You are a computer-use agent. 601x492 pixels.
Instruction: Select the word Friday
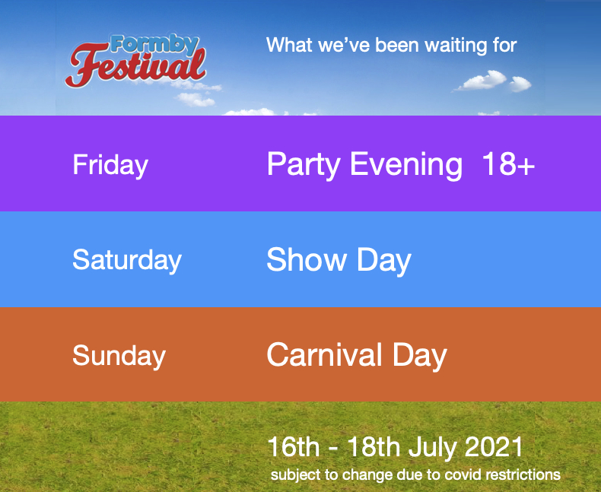point(110,165)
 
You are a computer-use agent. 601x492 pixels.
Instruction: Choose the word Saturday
point(127,261)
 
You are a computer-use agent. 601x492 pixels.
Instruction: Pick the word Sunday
point(119,356)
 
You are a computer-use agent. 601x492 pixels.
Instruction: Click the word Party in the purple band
point(304,165)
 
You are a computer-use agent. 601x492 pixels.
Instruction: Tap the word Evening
point(406,165)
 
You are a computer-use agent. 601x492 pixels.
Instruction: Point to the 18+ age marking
point(508,163)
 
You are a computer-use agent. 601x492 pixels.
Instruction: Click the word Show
point(307,260)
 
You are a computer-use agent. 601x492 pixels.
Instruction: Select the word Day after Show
point(384,261)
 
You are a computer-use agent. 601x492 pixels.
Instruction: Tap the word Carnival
point(324,354)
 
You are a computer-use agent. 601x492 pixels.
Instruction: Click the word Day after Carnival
point(420,356)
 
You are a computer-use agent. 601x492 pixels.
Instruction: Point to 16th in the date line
point(294,447)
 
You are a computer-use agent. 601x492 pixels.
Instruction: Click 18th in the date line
point(374,447)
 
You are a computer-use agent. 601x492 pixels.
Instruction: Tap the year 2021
point(494,447)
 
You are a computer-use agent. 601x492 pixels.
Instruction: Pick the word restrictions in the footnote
point(523,475)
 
